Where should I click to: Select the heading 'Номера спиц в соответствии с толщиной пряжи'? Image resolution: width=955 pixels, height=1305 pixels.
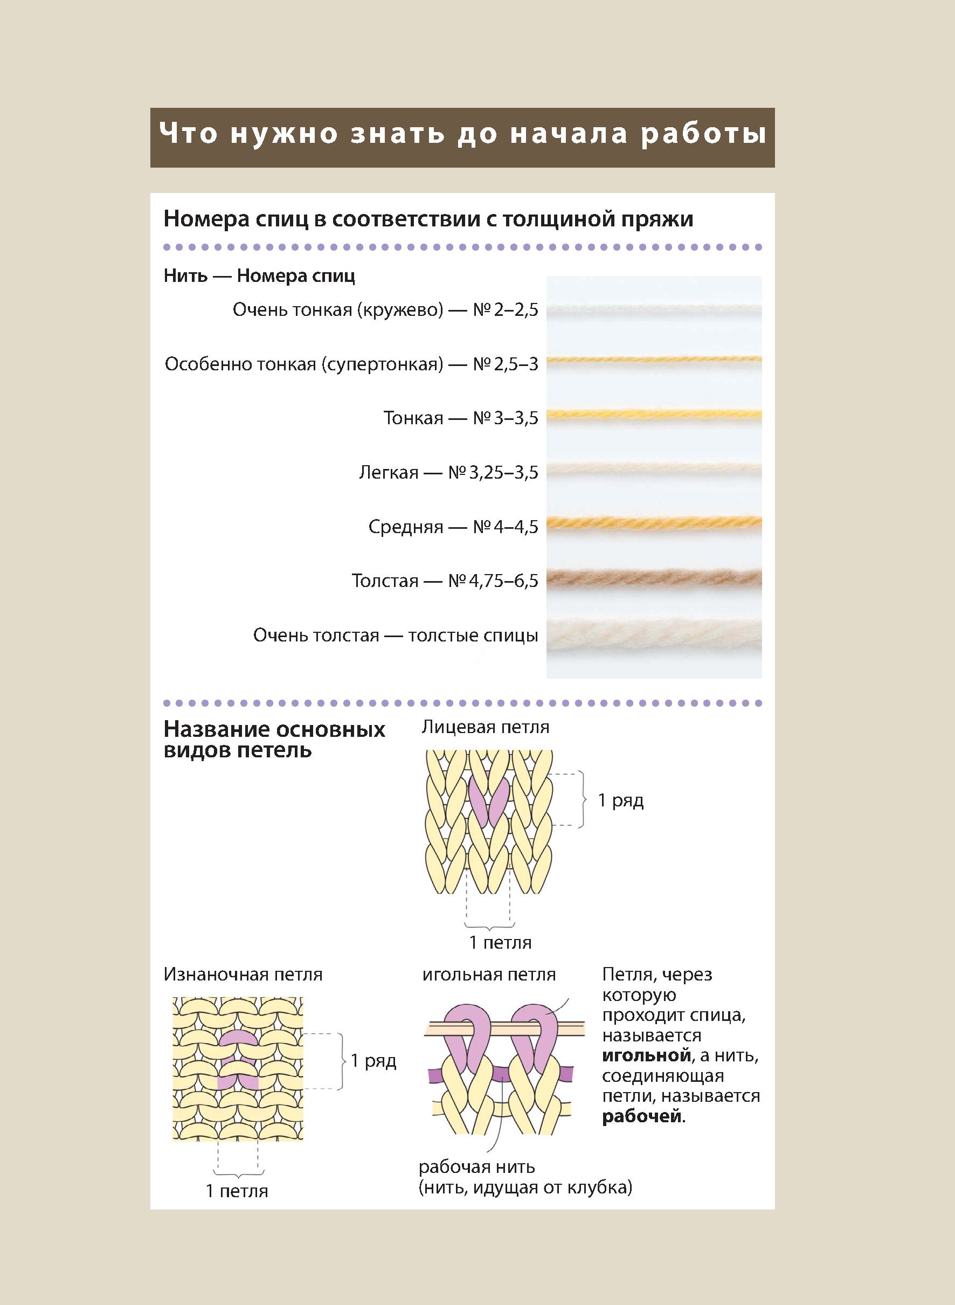[428, 219]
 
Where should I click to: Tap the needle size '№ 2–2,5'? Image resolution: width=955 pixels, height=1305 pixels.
[505, 310]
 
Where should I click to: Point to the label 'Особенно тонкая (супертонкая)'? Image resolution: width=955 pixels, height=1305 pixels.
[303, 364]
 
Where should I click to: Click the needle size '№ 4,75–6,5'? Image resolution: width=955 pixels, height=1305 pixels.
[493, 581]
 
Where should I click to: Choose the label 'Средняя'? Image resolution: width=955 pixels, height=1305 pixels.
[405, 527]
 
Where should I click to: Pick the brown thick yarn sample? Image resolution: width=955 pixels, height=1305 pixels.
[653, 578]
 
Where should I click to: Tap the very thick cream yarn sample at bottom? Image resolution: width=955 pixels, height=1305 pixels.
[653, 637]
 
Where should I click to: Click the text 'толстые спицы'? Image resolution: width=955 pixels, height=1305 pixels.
[473, 636]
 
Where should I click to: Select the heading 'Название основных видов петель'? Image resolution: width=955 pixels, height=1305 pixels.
[274, 740]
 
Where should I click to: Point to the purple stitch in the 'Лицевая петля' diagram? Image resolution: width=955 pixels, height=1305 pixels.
[488, 800]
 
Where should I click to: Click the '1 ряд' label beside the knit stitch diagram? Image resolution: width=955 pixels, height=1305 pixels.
[620, 800]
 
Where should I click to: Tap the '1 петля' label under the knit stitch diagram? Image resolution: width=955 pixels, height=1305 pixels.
[500, 942]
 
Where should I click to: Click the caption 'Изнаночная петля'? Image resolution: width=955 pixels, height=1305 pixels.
[243, 974]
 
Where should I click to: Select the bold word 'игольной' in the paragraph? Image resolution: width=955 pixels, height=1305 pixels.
[646, 1055]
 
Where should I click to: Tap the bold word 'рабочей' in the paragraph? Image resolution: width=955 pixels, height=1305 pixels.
[642, 1116]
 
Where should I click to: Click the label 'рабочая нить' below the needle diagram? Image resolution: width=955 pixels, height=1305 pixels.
[476, 1167]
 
